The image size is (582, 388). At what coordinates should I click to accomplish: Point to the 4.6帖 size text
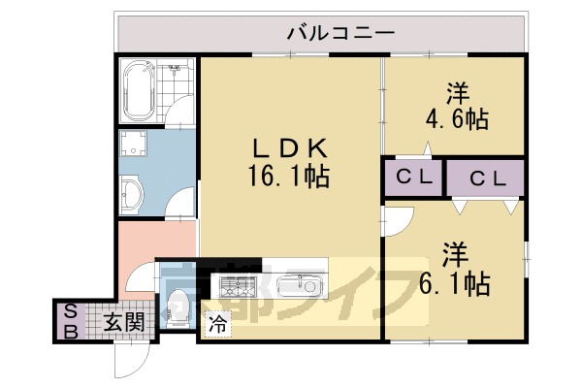pyautogui.click(x=457, y=120)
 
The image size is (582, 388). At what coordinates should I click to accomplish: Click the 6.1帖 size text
pyautogui.click(x=457, y=283)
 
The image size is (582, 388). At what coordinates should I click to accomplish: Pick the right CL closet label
pyautogui.click(x=486, y=178)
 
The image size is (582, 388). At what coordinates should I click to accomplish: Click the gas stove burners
pyautogui.click(x=239, y=286)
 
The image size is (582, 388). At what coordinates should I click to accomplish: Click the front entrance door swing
pyautogui.click(x=128, y=361)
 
